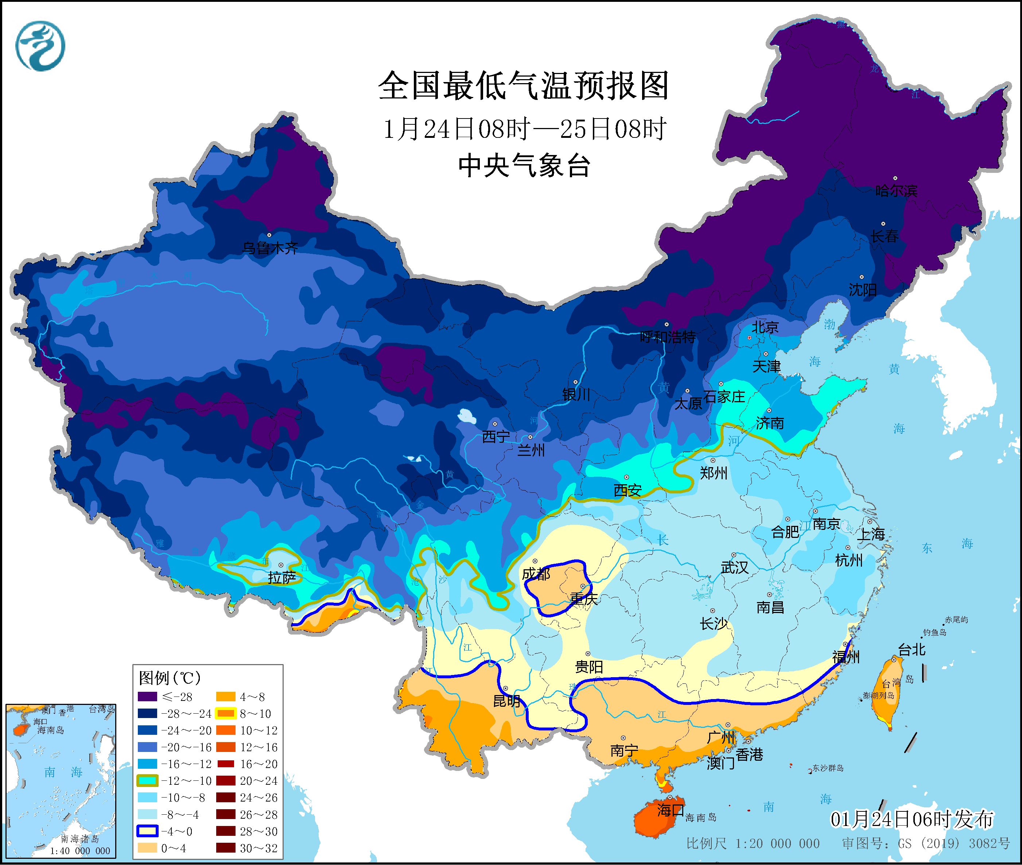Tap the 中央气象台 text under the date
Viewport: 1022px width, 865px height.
point(524,166)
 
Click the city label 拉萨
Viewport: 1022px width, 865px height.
point(282,579)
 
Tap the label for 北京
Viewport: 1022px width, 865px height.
point(765,327)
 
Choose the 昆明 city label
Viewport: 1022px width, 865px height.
point(506,701)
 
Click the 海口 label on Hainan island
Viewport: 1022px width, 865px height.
point(670,810)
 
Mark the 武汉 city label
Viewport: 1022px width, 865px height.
point(734,568)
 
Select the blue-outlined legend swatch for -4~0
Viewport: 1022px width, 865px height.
point(147,831)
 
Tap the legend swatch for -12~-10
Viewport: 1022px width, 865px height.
point(147,781)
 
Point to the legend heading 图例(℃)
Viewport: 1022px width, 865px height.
point(170,679)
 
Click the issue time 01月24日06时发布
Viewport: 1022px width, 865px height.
point(912,819)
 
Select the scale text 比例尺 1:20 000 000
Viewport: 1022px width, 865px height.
point(753,844)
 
